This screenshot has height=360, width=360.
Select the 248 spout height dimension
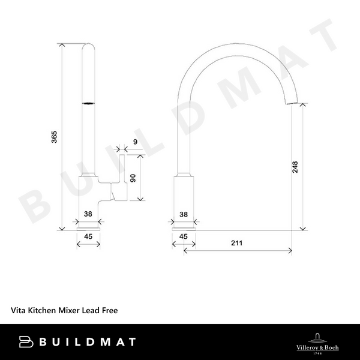tap(295, 167)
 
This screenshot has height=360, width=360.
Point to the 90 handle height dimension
tap(133, 178)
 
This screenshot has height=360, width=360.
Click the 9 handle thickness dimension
tap(135, 142)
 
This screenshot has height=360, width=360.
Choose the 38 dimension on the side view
tap(88, 214)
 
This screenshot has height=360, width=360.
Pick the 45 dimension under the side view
tap(88, 236)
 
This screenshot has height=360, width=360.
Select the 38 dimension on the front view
tap(184, 214)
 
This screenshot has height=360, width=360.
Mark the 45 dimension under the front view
tap(184, 236)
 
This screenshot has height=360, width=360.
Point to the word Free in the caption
tap(109, 311)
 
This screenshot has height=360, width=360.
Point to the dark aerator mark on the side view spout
tap(88, 104)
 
